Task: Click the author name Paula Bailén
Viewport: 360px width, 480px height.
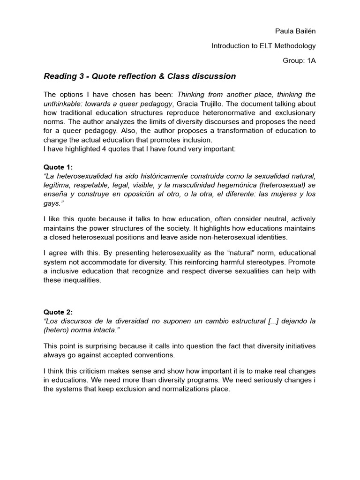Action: pos(295,31)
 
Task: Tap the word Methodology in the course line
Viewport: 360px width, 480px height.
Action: pos(293,46)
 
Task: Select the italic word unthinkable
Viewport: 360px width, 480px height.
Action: pos(62,104)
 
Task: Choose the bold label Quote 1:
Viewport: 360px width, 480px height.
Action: pos(58,167)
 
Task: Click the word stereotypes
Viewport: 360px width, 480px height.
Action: pos(228,262)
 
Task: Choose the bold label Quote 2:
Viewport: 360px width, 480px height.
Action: pos(58,312)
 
